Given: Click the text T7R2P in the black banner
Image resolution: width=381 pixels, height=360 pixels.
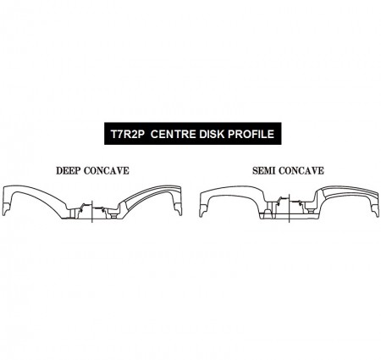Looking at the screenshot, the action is (x=127, y=134).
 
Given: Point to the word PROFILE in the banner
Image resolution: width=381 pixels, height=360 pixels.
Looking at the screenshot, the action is (x=251, y=134).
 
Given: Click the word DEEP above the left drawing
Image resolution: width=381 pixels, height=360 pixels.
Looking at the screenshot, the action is (x=68, y=171).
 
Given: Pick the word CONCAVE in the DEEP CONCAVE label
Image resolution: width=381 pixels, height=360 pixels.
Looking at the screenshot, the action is (x=107, y=171).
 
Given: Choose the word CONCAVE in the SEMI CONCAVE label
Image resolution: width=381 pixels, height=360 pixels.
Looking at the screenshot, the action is (x=301, y=171).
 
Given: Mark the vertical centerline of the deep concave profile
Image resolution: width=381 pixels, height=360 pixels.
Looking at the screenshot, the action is (x=92, y=212).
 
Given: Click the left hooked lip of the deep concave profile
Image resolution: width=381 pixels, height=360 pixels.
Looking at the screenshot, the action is (x=6, y=209).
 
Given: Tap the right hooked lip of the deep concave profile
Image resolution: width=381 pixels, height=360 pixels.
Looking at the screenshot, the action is (x=178, y=209).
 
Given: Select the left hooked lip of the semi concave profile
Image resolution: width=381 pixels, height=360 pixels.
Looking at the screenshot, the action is (x=203, y=210).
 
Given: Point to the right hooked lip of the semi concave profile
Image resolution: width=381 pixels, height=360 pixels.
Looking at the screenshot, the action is (x=375, y=210).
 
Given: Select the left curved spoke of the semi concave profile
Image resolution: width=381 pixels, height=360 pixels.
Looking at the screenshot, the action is (x=235, y=192).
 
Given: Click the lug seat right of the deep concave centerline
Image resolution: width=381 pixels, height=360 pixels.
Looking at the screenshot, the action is (x=113, y=213).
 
